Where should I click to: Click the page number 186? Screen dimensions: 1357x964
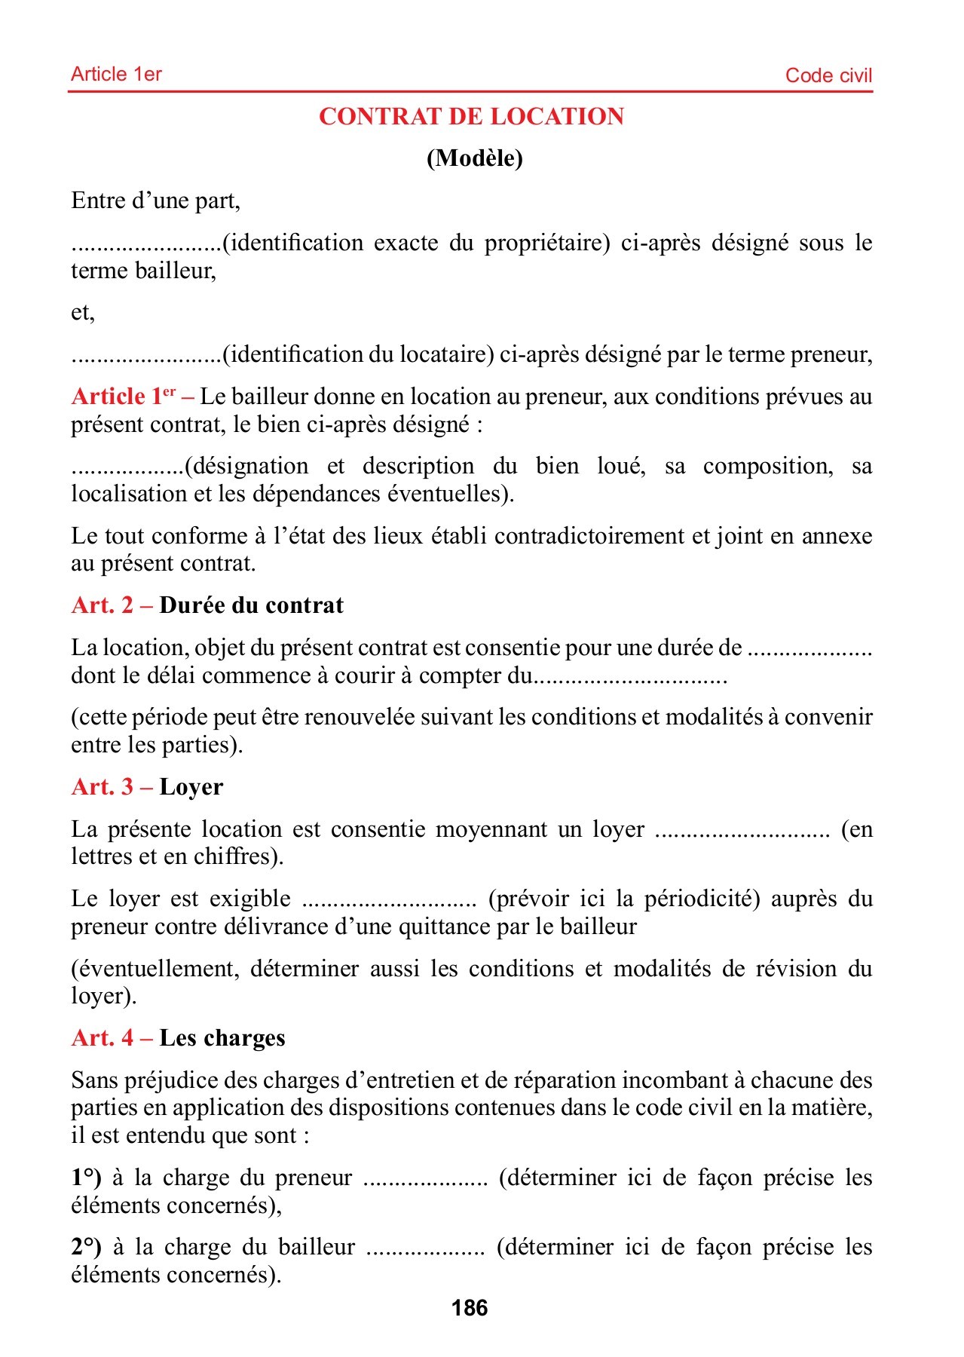click(470, 1308)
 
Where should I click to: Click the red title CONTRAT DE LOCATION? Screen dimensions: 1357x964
click(471, 117)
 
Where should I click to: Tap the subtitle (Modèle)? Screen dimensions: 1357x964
click(474, 158)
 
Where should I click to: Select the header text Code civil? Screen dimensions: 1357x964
click(828, 75)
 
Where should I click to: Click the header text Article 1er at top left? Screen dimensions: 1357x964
click(116, 74)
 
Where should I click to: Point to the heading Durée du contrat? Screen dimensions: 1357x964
click(251, 605)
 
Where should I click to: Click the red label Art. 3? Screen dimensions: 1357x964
click(103, 787)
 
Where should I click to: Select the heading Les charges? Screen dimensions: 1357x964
click(222, 1038)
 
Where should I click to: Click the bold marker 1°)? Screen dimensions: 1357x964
click(86, 1178)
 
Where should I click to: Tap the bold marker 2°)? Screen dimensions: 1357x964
click(86, 1247)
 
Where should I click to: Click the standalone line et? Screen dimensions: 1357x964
click(83, 312)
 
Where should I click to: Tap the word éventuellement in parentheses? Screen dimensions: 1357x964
click(158, 969)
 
